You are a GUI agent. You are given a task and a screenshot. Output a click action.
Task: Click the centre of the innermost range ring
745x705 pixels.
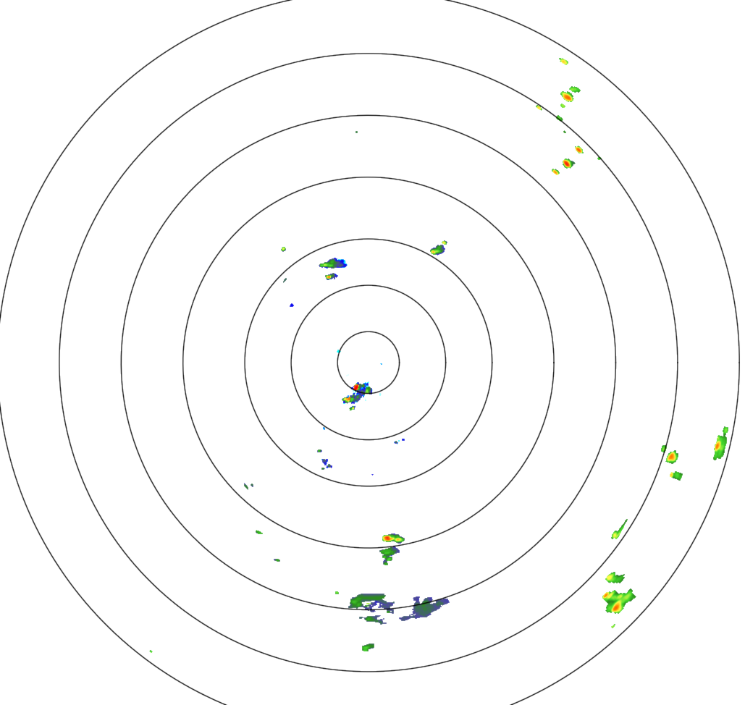click(369, 362)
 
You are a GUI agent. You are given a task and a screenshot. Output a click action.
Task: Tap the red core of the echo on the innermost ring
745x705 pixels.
click(356, 388)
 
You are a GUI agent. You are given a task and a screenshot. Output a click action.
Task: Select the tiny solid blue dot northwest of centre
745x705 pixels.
click(292, 305)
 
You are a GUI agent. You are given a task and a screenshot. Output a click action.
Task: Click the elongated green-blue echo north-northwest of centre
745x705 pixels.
click(333, 263)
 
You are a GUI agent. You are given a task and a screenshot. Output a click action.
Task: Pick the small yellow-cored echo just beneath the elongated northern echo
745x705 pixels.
click(330, 276)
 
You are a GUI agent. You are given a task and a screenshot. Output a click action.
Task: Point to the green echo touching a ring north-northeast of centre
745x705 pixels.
click(437, 250)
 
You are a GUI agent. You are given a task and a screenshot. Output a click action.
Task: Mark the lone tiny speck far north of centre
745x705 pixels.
click(356, 132)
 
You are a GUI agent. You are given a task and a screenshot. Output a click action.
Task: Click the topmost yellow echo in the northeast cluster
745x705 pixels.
click(563, 61)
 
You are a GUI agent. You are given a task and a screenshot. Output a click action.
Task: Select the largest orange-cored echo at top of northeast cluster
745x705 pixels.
click(567, 96)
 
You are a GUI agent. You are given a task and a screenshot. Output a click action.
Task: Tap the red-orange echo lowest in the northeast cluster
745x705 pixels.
click(568, 164)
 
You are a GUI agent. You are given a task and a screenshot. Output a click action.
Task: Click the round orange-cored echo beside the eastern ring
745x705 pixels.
click(672, 457)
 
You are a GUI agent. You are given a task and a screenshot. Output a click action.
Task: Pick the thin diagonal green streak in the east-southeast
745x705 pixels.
click(619, 530)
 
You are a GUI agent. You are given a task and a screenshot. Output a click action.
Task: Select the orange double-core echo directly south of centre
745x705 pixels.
click(392, 539)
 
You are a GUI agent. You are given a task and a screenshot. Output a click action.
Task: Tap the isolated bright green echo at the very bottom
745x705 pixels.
click(368, 646)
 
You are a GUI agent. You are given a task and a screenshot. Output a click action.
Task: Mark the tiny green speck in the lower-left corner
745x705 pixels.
click(151, 651)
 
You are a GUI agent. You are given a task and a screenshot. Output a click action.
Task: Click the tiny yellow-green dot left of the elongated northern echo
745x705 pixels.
click(284, 249)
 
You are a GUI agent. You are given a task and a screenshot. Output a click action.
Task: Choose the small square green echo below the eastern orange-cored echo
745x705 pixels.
click(676, 476)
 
